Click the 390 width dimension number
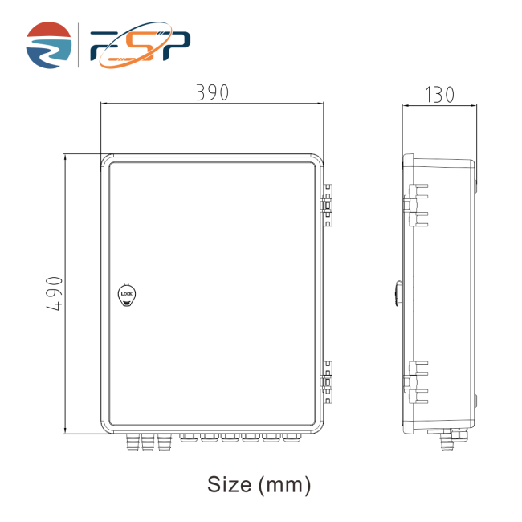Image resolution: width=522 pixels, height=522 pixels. click(212, 92)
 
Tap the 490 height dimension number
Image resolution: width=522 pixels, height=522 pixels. click(55, 294)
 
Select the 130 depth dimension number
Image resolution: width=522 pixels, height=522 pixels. click(439, 95)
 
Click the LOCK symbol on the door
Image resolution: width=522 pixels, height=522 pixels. click(127, 295)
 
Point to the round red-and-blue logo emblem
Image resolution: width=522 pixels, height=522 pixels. click(49, 45)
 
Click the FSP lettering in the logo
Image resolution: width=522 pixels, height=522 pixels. click(141, 45)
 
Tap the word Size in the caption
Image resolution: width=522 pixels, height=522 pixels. click(230, 484)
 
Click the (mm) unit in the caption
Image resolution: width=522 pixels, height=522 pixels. click(284, 485)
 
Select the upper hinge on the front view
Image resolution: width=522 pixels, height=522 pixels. click(327, 205)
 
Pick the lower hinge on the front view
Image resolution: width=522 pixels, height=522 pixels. click(327, 382)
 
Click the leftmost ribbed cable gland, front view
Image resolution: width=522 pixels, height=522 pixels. click(133, 442)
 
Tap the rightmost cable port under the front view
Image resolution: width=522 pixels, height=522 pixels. click(292, 438)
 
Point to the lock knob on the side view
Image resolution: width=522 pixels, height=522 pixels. click(398, 293)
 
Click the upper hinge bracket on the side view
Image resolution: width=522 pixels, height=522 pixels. click(416, 205)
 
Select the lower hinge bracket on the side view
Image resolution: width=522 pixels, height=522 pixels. click(416, 382)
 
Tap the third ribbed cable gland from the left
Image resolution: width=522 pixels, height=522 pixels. click(164, 442)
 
